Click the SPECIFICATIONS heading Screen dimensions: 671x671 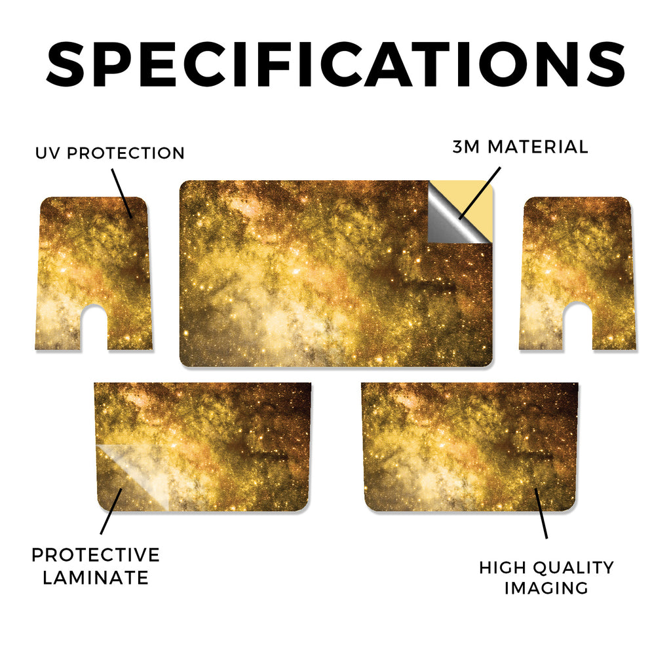335,64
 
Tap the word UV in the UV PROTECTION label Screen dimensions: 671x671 48,153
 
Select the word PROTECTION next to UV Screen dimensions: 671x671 126,153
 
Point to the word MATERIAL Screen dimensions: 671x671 538,147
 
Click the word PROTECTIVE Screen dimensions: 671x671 96,555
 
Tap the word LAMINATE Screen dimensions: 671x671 96,578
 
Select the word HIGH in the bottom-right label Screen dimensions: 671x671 503,568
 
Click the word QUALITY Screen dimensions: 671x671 573,568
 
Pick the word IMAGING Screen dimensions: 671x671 546,588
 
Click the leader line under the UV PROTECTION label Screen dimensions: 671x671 122,193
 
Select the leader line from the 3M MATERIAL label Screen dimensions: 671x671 479,193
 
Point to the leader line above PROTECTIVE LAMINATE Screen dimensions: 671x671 111,511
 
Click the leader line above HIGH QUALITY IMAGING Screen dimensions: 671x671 541,513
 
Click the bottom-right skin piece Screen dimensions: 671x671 470,447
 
